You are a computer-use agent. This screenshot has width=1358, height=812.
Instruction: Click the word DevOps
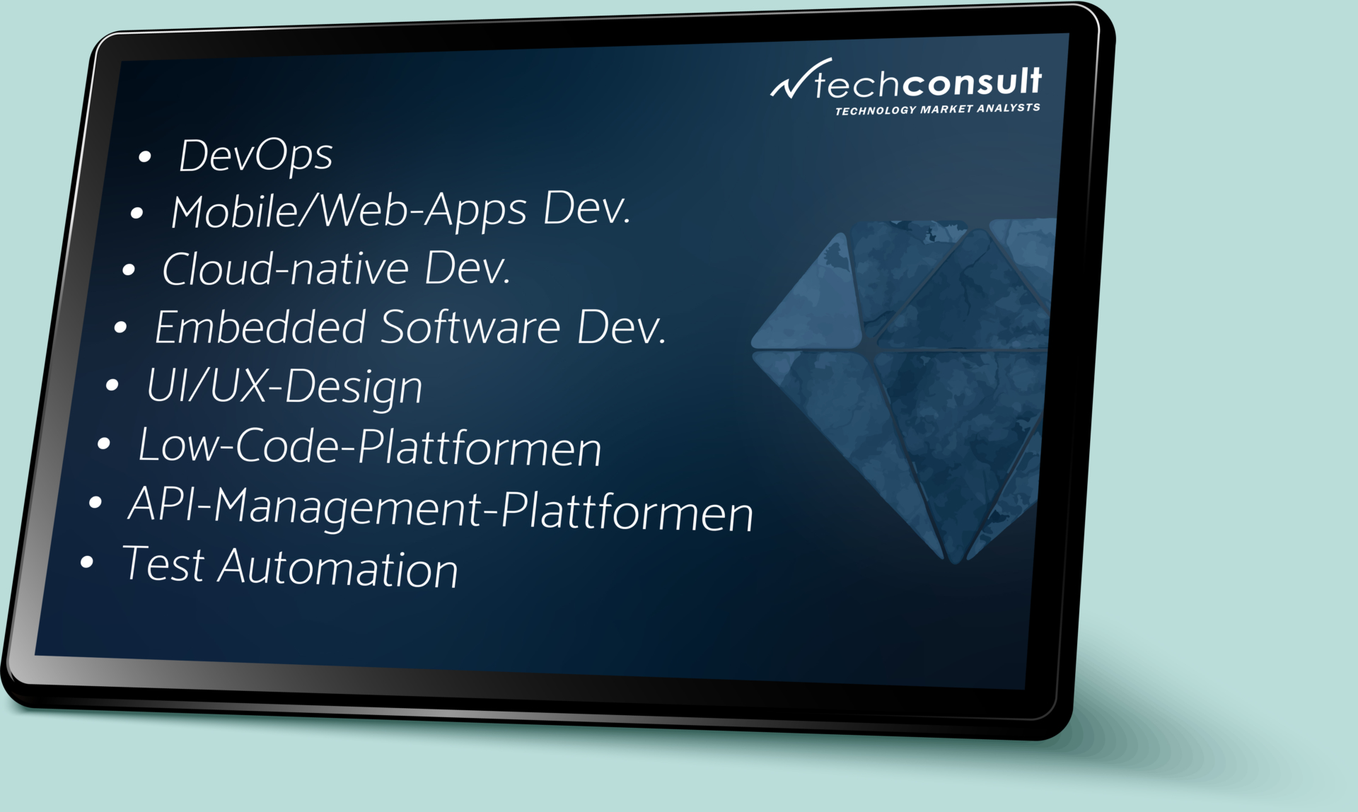255,156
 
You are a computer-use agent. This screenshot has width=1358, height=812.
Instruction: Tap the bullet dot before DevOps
145,157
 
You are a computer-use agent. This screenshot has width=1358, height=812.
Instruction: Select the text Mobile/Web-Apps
349,211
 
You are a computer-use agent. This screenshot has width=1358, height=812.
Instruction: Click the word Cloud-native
285,269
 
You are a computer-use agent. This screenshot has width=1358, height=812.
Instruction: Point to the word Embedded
260,327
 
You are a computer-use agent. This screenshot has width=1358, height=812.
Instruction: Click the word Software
470,327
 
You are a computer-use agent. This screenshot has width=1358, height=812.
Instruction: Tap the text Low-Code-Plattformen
369,447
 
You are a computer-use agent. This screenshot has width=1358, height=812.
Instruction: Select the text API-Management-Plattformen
440,509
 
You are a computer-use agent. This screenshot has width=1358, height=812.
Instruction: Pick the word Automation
337,569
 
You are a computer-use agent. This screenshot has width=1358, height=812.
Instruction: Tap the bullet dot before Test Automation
87,562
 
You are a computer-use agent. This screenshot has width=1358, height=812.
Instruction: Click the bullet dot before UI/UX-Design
112,385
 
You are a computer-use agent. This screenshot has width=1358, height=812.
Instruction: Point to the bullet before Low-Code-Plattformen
104,444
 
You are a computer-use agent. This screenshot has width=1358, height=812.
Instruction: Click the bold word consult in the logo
972,82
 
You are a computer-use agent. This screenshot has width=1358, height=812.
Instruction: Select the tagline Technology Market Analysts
937,109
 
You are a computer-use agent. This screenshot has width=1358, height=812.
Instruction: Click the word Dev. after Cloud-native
467,269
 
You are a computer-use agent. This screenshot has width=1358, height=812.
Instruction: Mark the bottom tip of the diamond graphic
955,558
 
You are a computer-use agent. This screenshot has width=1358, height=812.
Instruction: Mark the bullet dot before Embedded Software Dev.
120,327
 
